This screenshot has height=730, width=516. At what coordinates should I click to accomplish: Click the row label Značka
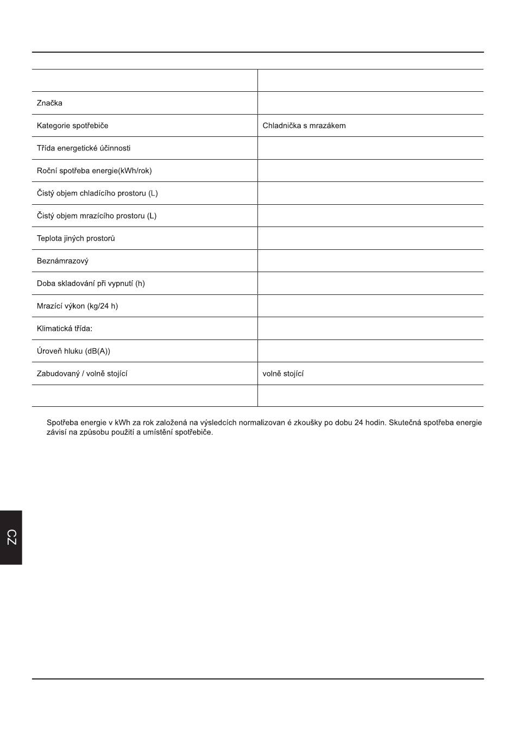tap(49, 103)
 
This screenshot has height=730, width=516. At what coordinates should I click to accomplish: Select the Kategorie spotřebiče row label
tap(72, 125)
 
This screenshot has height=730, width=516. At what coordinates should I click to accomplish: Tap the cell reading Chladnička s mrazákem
tap(304, 125)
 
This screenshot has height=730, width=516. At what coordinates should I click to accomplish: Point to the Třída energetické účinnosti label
tap(84, 148)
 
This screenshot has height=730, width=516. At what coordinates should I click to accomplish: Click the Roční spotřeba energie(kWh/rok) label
tap(94, 171)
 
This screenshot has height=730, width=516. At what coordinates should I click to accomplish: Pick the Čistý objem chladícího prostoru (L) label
tap(97, 193)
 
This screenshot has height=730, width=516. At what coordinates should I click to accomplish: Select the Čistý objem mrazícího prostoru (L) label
tap(97, 216)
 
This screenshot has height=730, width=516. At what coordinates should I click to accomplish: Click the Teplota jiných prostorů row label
tap(75, 238)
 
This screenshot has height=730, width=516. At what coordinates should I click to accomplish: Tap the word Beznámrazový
tap(62, 261)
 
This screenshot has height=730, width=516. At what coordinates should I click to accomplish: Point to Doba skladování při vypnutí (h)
tap(91, 284)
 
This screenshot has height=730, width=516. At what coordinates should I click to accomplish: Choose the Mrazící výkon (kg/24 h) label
tap(77, 306)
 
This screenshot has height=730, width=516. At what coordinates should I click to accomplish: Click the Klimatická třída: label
tap(64, 329)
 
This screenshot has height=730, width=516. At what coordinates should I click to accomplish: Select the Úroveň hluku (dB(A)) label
tap(73, 351)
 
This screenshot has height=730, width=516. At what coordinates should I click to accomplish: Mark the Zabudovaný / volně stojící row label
tap(82, 374)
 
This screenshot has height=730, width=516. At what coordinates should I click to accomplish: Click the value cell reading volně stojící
tap(283, 374)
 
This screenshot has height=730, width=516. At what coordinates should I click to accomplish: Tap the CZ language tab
tap(11, 537)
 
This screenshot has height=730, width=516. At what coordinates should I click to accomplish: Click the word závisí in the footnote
tap(56, 432)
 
